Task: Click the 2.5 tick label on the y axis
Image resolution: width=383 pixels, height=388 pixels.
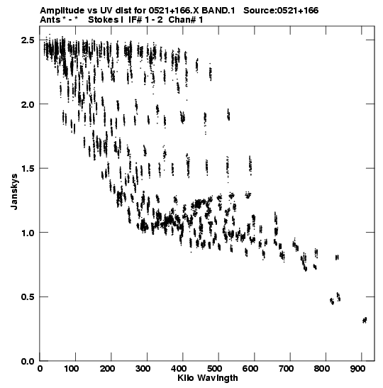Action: coord(28,40)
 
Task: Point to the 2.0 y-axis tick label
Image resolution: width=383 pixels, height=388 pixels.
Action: coord(28,104)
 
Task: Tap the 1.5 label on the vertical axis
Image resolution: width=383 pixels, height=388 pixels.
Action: coord(28,169)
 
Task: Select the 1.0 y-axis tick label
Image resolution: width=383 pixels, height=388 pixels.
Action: coord(28,233)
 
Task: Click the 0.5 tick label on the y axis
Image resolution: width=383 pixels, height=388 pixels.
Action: coord(28,296)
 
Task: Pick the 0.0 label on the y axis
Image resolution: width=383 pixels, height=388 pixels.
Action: coord(28,361)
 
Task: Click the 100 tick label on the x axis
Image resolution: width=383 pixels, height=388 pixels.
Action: coord(71,369)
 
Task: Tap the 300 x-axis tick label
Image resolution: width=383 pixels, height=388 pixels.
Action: coord(143,369)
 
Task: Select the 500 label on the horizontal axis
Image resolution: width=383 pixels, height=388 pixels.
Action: coord(214,369)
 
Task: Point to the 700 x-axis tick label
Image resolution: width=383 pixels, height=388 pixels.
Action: coord(286,369)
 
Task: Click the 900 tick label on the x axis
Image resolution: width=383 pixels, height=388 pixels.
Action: coord(357,369)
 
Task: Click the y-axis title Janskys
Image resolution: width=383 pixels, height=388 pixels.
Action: coord(14,192)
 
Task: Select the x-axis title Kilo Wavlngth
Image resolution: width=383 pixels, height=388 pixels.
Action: coord(208,378)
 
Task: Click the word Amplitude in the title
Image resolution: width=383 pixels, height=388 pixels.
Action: coord(62,11)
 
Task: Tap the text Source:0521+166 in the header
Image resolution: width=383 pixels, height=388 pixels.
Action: coord(281,11)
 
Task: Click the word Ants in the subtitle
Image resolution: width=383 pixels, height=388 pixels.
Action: coord(50,20)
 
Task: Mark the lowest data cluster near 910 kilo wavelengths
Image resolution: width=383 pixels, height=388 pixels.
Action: coord(365,320)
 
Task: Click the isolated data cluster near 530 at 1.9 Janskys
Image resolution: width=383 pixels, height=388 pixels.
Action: coord(228,115)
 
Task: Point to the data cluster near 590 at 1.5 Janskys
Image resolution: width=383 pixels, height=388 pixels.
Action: coord(250,165)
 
